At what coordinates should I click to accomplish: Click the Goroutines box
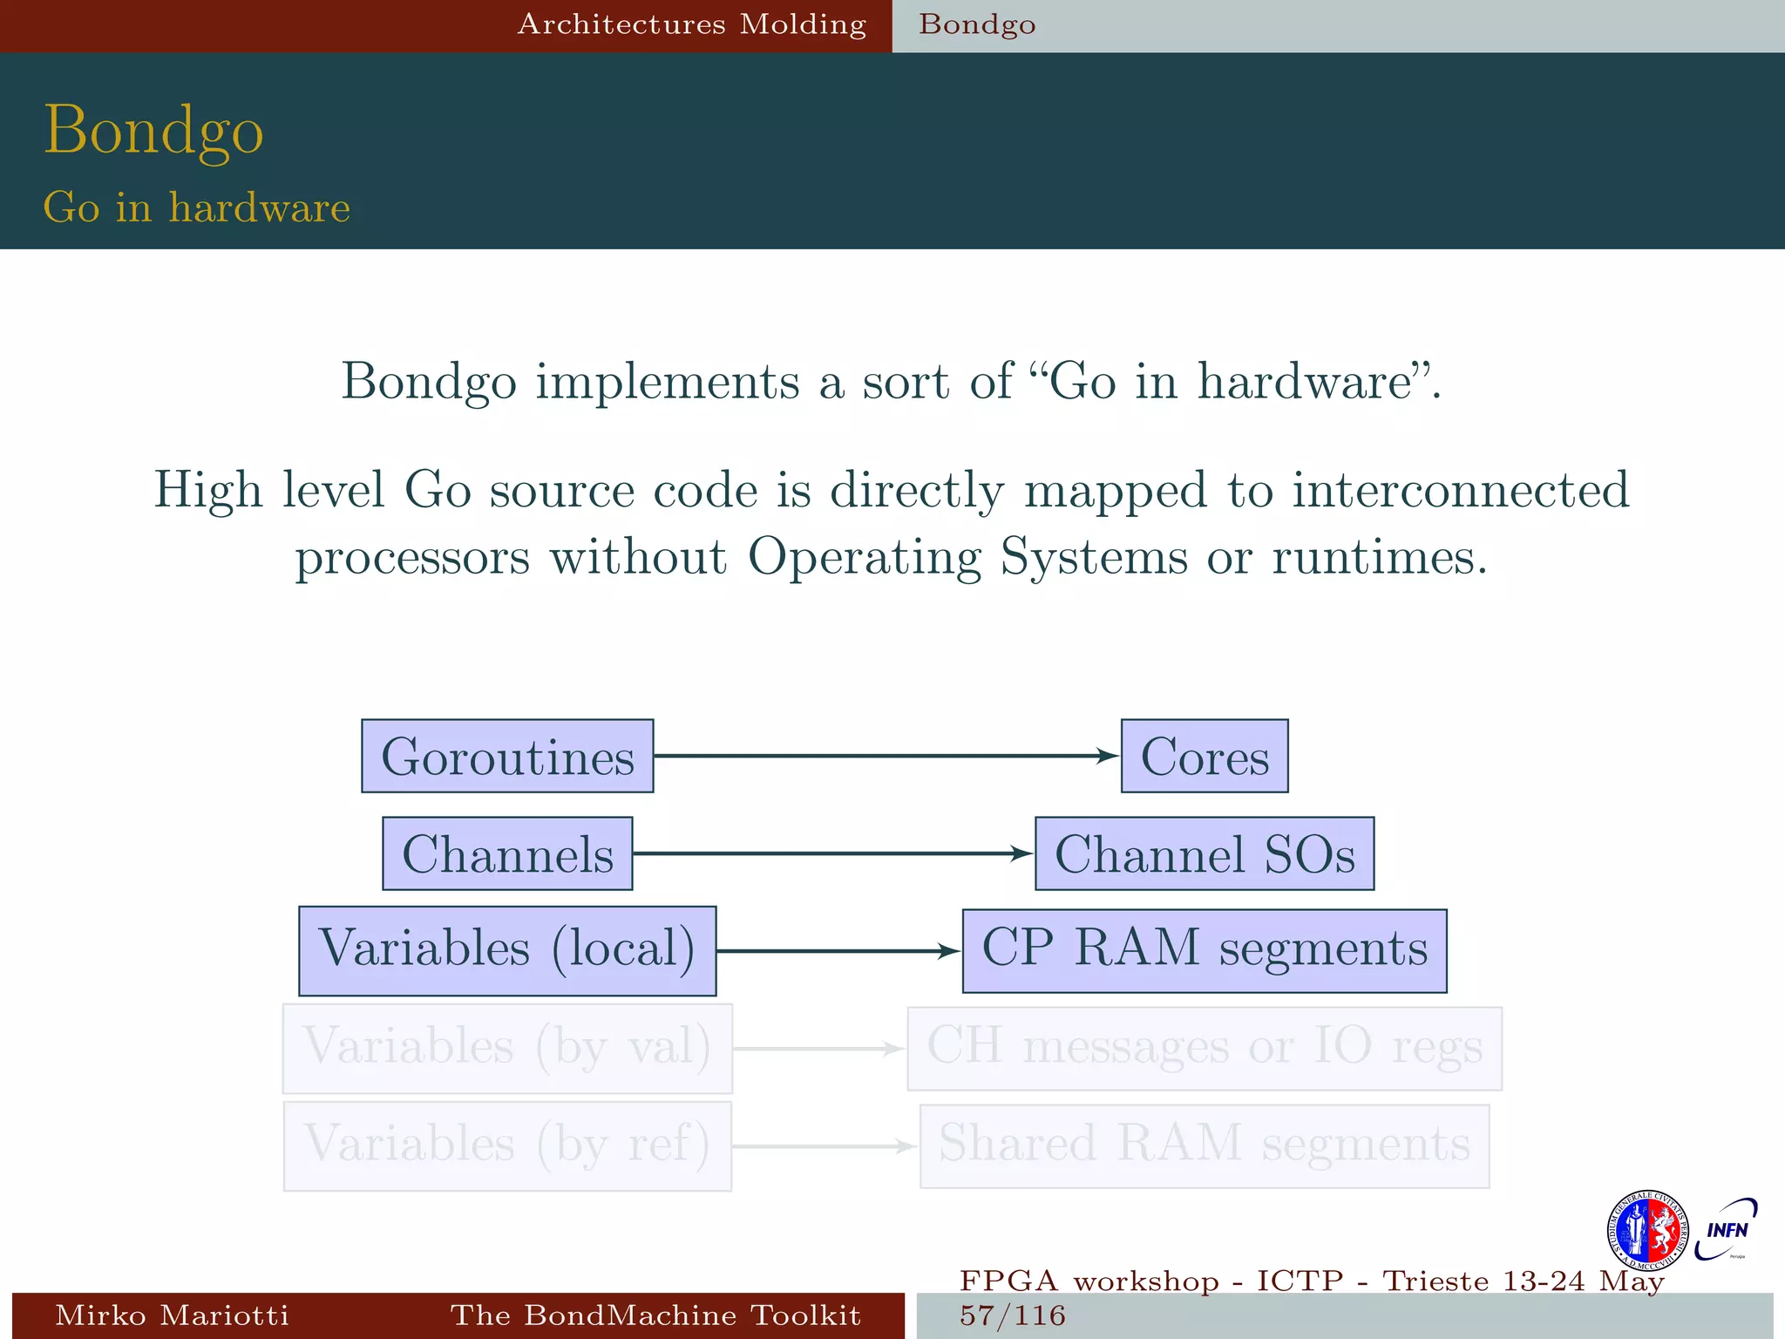[507, 756]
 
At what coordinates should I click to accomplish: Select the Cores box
[1205, 756]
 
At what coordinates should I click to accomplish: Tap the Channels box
[507, 853]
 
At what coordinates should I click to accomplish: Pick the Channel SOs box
[1205, 853]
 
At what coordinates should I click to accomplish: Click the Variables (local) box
[507, 950]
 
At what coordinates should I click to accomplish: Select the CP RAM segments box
[1205, 950]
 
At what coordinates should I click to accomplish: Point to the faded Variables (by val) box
[507, 1049]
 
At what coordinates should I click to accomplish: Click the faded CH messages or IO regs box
[1205, 1049]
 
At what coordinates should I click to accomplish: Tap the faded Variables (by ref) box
[507, 1146]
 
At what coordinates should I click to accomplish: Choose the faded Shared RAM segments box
[1205, 1146]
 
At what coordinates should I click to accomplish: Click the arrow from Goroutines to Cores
[885, 756]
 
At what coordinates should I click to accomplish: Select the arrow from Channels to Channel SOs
[832, 853]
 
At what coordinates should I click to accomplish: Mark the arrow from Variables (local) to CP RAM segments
[837, 951]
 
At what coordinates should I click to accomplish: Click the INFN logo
[1727, 1230]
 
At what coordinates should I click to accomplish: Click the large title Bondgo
[153, 130]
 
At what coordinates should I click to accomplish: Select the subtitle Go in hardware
[197, 207]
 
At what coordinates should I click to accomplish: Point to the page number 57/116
[1013, 1315]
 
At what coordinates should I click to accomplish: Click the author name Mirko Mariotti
[172, 1315]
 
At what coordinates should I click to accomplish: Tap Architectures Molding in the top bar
[692, 24]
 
